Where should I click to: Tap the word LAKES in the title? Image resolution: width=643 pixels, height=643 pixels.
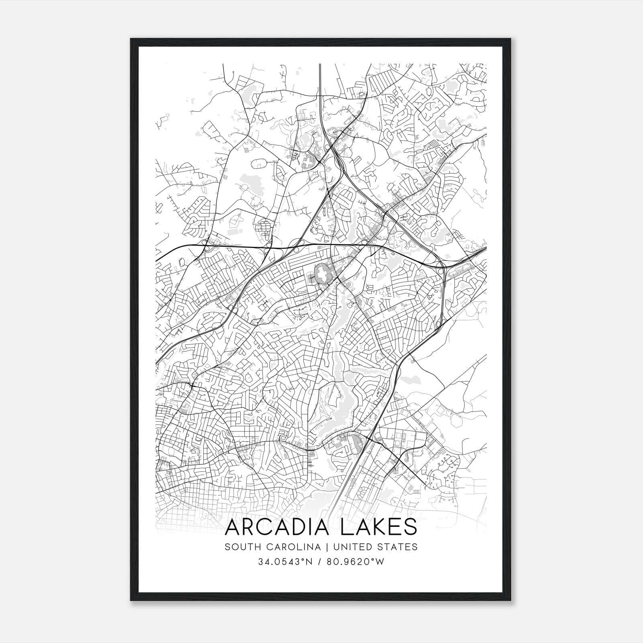378,527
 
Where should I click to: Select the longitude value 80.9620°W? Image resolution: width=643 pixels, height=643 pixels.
355,562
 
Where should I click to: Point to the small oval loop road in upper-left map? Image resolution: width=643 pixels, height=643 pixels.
259,164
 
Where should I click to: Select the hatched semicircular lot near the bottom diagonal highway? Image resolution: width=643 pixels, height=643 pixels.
355,444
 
